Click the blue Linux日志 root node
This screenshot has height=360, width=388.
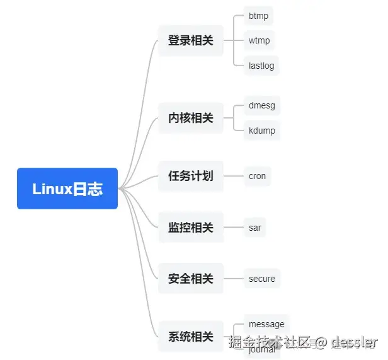point(67,189)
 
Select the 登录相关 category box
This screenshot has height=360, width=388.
point(191,40)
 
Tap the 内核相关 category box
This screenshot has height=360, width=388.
point(191,118)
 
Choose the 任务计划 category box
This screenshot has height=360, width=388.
point(191,176)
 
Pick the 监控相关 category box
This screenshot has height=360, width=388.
point(191,228)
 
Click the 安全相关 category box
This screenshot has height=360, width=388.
point(191,279)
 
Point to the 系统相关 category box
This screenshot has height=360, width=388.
point(191,337)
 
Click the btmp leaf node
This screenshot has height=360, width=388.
point(258,16)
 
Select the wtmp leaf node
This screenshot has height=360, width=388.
point(259,40)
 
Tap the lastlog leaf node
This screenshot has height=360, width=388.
point(261,66)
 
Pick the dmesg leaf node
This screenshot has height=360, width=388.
point(261,105)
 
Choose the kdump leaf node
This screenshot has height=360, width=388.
point(261,131)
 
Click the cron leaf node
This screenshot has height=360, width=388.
point(257,176)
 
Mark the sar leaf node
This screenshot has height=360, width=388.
point(254,228)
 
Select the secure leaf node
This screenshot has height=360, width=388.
point(261,279)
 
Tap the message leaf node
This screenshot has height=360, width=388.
point(266,324)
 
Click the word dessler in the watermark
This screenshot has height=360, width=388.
point(355,342)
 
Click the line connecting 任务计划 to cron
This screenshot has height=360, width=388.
point(233,176)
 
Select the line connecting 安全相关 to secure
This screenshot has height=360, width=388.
point(233,279)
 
